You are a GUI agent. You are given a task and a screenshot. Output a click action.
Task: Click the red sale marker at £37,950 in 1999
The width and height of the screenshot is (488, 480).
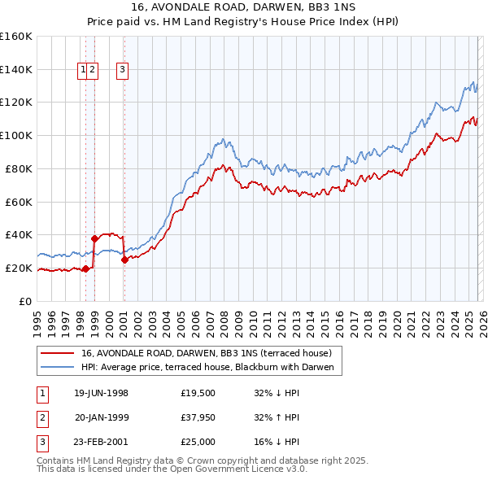coord(95,238)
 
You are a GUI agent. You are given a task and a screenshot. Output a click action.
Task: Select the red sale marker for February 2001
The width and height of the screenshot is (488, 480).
coord(124,260)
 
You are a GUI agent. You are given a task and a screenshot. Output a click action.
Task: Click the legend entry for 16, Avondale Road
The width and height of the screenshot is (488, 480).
coord(206,354)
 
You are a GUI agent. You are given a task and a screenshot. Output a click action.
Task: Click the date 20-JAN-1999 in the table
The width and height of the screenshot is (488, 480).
coord(102,417)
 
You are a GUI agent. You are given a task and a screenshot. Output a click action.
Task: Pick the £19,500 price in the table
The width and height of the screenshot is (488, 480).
coord(198,393)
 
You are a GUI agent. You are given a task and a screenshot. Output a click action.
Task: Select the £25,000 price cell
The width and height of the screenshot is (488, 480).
coord(198,442)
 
